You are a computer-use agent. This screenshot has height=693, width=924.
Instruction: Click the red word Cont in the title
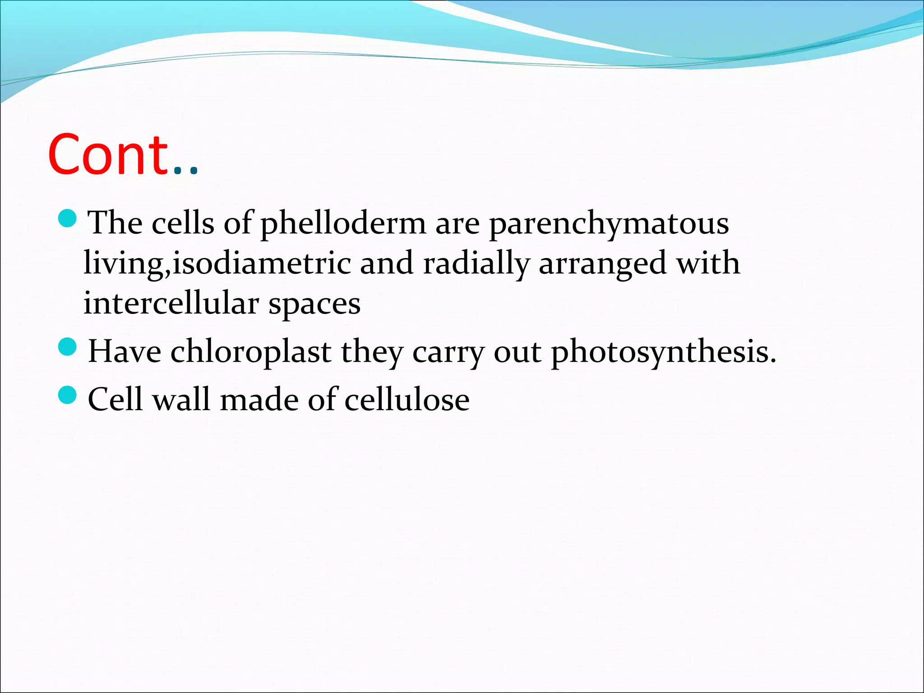pos(108,155)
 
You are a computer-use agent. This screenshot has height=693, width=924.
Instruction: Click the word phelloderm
pos(343,223)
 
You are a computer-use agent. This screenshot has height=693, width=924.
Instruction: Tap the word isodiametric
pos(262,263)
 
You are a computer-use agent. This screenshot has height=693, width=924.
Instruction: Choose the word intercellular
pos(171,303)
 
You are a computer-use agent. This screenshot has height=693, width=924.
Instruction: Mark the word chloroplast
pos(251,351)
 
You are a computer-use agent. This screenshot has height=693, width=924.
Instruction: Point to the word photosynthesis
pos(663,352)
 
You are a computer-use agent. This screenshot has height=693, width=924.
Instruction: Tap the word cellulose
pos(407,399)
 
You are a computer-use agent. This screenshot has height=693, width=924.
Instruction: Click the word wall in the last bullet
pos(181,399)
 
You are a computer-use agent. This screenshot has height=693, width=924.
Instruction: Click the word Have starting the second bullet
pos(125,351)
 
